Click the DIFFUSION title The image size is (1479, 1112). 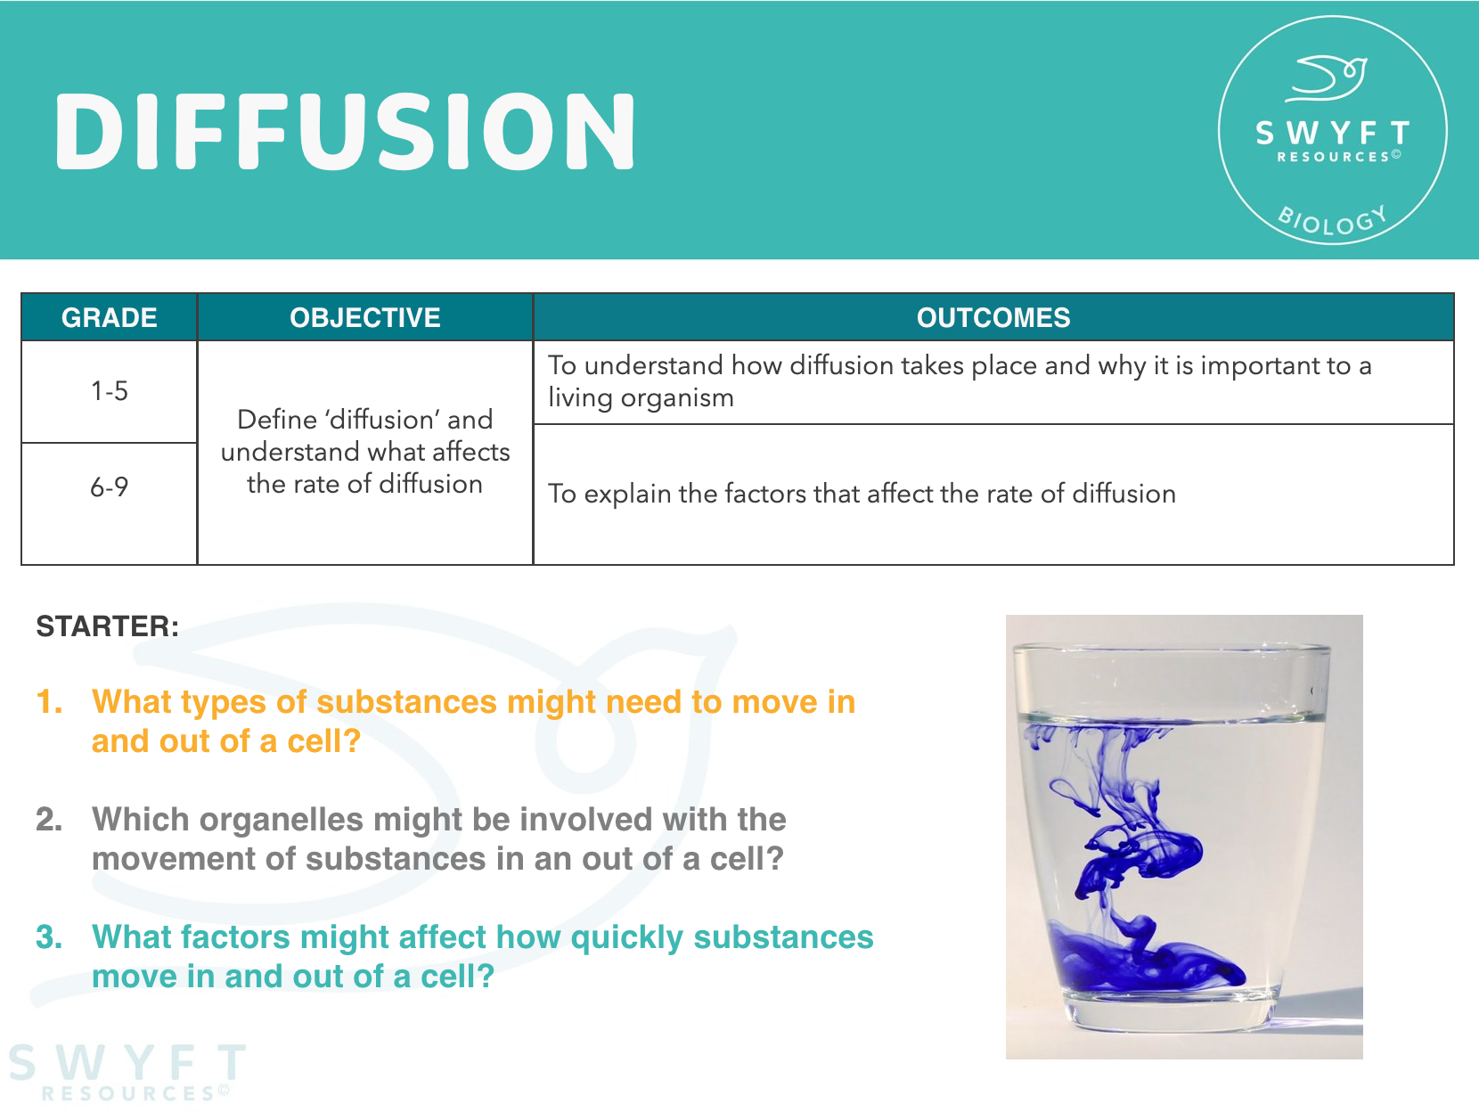[x=345, y=132]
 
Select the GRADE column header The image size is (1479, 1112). [x=109, y=318]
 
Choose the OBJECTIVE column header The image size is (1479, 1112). [x=364, y=318]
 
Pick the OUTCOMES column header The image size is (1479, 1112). [x=993, y=318]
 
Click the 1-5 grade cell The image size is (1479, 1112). [x=109, y=391]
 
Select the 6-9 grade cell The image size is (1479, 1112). [x=109, y=487]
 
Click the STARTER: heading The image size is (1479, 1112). [x=107, y=626]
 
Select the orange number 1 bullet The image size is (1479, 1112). [x=49, y=702]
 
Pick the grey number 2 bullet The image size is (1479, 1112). [x=49, y=820]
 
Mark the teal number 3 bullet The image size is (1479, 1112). [x=49, y=937]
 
